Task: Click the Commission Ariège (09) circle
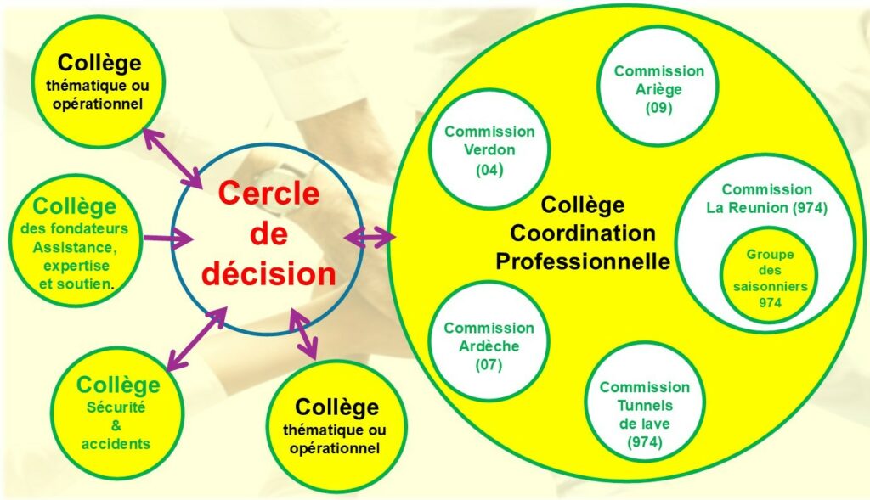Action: pos(658,90)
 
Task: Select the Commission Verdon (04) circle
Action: pos(489,150)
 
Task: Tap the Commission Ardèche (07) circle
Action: pos(489,346)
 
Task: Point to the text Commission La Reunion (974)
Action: pos(766,198)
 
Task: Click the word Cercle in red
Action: pos(268,194)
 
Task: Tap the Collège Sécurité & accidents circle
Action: pos(116,412)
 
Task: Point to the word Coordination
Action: pos(583,233)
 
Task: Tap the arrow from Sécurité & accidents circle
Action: pos(196,339)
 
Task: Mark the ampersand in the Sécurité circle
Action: pos(116,425)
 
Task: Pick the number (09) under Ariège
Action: pos(658,109)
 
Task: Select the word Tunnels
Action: pos(645,405)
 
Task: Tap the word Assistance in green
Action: pos(74,247)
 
